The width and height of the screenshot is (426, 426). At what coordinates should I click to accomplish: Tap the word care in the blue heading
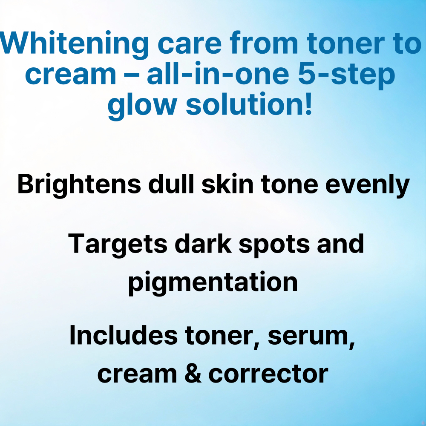(190, 45)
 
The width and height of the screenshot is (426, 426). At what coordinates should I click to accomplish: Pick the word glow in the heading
(142, 106)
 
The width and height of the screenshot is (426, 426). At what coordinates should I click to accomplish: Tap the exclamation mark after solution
(308, 103)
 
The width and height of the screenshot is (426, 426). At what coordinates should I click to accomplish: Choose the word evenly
(367, 186)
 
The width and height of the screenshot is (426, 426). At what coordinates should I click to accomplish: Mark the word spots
(274, 246)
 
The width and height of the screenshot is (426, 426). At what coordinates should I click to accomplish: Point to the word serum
(311, 337)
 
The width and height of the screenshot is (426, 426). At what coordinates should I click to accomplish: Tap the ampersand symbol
(193, 373)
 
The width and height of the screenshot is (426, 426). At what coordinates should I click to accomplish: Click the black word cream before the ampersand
(137, 375)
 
